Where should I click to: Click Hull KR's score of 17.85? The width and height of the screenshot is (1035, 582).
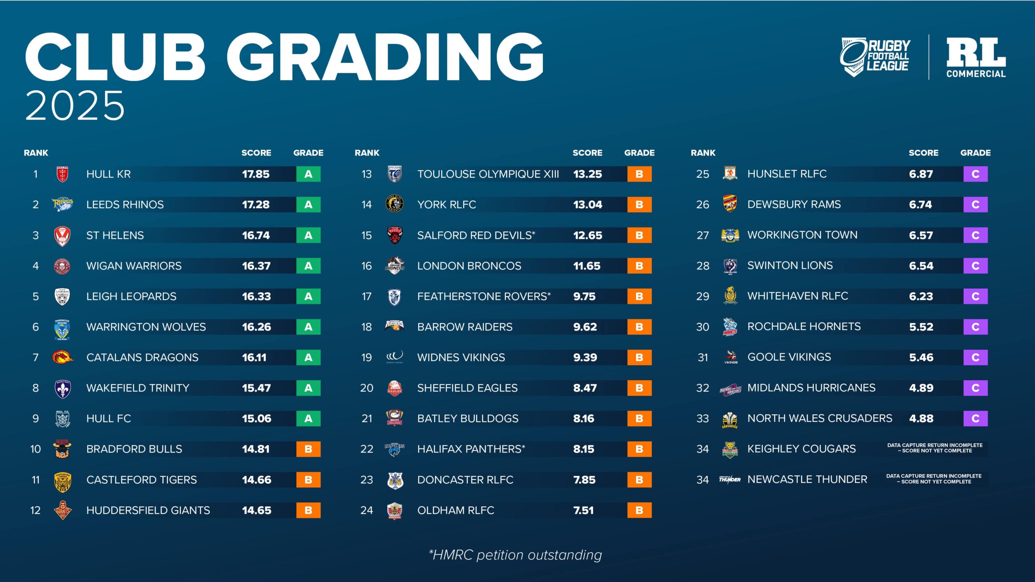[x=256, y=174]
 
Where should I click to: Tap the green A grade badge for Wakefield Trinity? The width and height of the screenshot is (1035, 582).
[x=308, y=388]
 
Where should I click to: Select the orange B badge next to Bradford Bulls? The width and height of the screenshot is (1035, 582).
[x=308, y=449]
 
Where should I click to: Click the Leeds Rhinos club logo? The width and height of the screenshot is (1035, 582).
[x=62, y=204]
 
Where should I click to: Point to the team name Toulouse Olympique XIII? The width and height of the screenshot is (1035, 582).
[x=488, y=174]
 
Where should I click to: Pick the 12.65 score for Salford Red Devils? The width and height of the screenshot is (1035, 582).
[x=587, y=235]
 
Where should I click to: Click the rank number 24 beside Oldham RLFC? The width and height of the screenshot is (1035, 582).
[x=366, y=510]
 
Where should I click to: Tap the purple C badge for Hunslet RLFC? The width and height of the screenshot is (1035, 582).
[x=975, y=174]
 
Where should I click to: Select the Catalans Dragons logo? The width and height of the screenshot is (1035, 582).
[x=62, y=357]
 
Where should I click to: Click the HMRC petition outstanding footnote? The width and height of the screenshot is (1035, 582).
[x=515, y=555]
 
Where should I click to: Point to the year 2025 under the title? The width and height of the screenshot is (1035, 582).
[x=75, y=105]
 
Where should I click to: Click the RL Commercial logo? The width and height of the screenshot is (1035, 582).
[x=976, y=57]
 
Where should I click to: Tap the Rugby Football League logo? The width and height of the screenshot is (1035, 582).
[x=875, y=57]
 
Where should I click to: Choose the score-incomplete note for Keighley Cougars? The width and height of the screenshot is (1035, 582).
[x=935, y=448]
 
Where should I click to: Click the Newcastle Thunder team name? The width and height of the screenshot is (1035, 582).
[x=807, y=480]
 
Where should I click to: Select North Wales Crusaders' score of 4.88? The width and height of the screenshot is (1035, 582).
[x=921, y=419]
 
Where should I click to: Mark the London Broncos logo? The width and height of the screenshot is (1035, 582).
[x=395, y=266]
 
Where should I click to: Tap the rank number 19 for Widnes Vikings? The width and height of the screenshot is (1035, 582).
[x=366, y=358]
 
